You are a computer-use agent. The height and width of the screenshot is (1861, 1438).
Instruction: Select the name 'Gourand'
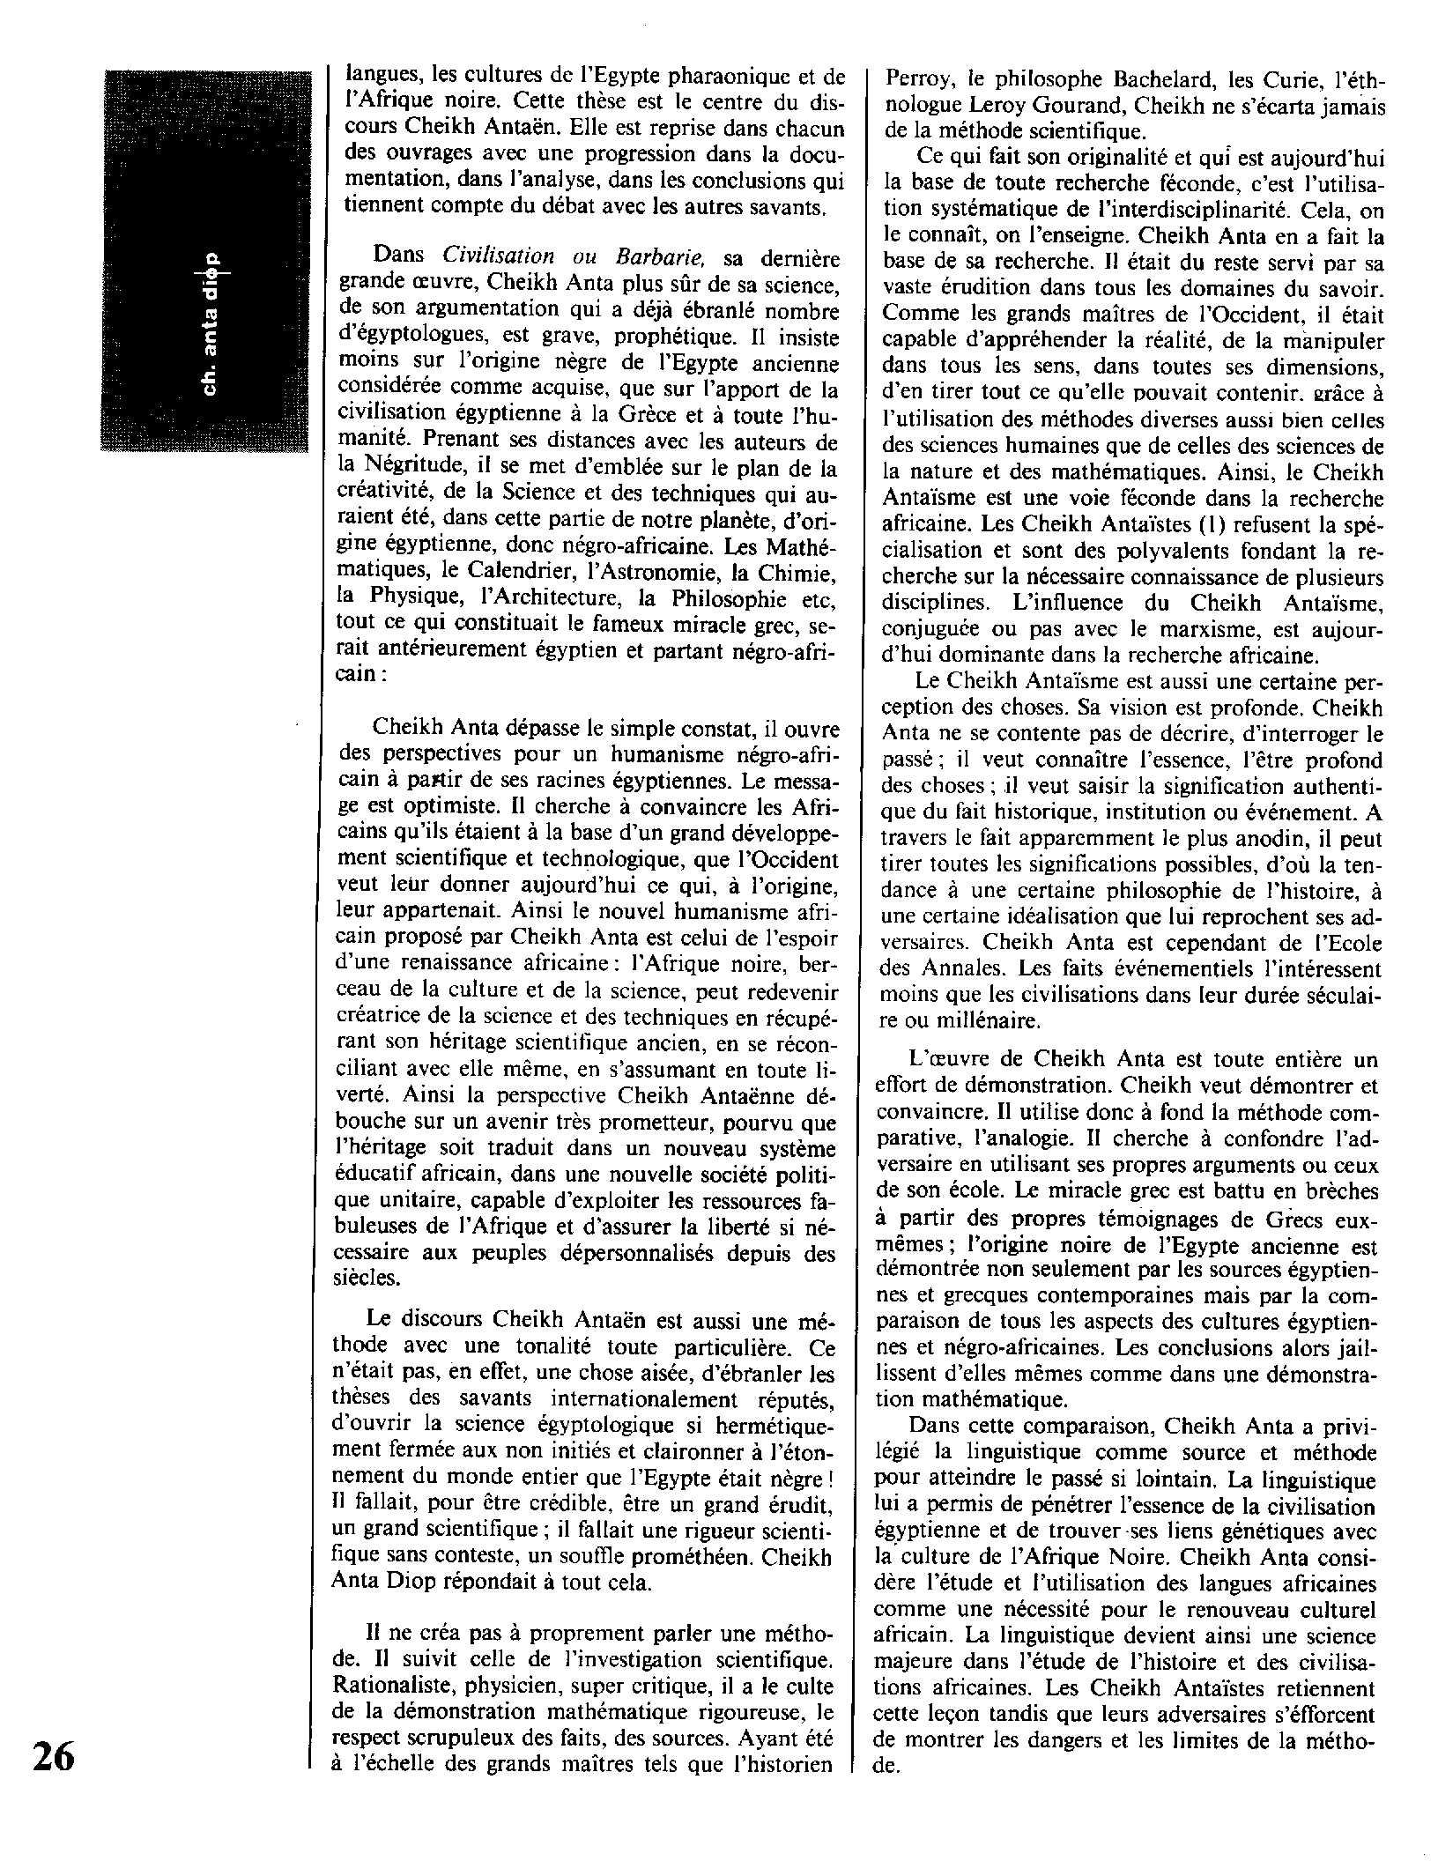1076,107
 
